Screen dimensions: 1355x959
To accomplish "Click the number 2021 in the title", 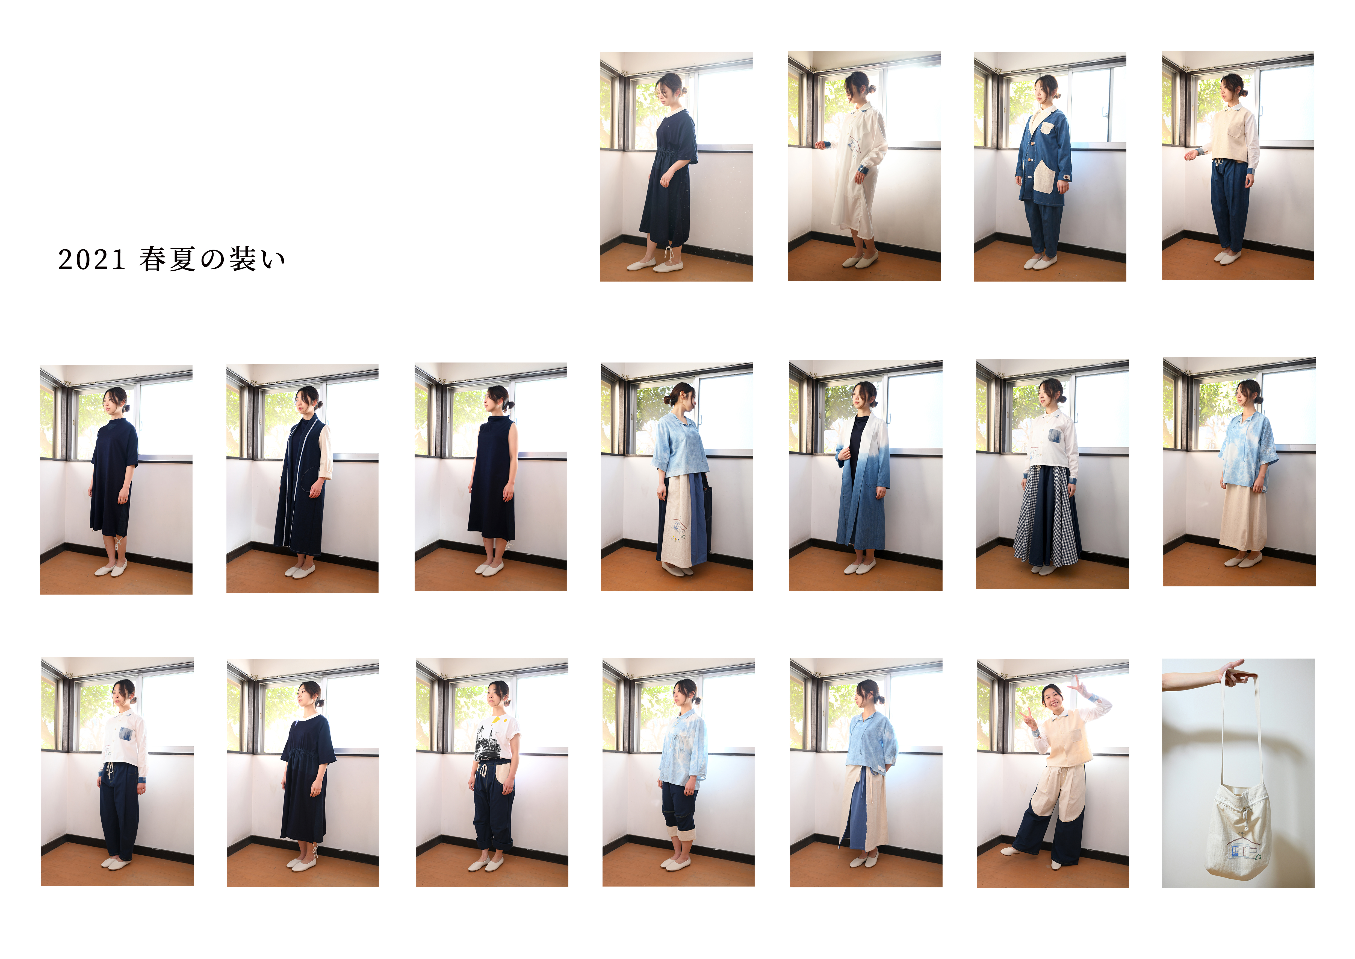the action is pyautogui.click(x=91, y=260).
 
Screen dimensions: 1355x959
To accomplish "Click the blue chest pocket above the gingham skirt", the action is pyautogui.click(x=1054, y=436).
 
